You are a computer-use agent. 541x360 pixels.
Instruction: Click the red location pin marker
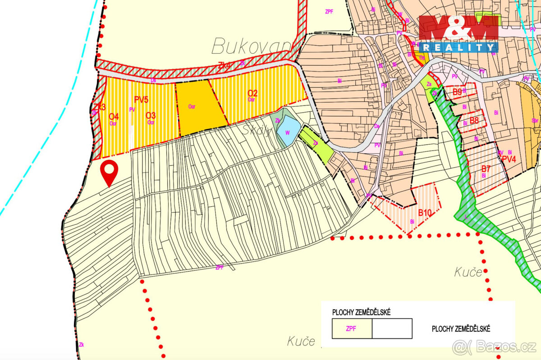(x=109, y=171)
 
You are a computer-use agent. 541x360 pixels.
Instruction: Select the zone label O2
(x=252, y=93)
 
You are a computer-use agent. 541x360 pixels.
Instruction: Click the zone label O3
(x=151, y=116)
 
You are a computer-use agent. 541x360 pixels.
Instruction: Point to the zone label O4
(x=114, y=116)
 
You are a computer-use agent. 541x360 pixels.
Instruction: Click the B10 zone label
(x=425, y=213)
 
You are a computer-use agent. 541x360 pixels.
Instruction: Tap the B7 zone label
(x=485, y=169)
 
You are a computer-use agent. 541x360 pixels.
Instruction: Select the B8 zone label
(x=474, y=120)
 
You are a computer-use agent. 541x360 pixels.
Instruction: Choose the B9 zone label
(x=457, y=92)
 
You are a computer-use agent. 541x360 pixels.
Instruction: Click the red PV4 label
(x=508, y=159)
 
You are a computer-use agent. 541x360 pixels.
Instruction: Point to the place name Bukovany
(x=252, y=46)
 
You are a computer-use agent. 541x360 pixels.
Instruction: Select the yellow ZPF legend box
(x=352, y=328)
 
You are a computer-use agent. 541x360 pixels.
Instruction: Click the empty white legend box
(x=392, y=328)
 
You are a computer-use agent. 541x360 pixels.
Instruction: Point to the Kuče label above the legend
(x=468, y=272)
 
